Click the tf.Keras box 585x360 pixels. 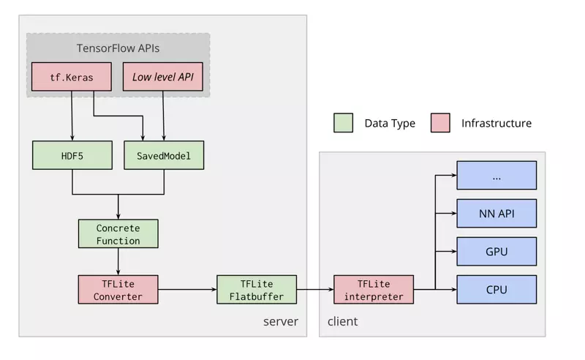point(72,77)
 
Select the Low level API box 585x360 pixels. point(163,77)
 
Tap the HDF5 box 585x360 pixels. point(72,156)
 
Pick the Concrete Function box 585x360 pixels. point(118,233)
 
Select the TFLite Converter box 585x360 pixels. point(118,290)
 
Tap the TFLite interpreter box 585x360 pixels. point(374,290)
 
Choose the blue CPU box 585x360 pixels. point(497,290)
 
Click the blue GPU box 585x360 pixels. point(497,252)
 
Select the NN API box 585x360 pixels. point(497,214)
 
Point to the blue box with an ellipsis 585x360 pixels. point(497,176)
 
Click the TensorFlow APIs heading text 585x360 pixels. point(118,48)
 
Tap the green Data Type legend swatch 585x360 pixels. point(343,123)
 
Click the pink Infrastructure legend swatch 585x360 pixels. point(440,123)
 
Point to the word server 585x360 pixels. point(281,322)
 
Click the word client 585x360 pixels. point(342,322)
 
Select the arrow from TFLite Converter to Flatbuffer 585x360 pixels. point(187,290)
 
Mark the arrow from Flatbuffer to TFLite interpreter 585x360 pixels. point(315,290)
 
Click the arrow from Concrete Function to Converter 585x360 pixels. point(118,261)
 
